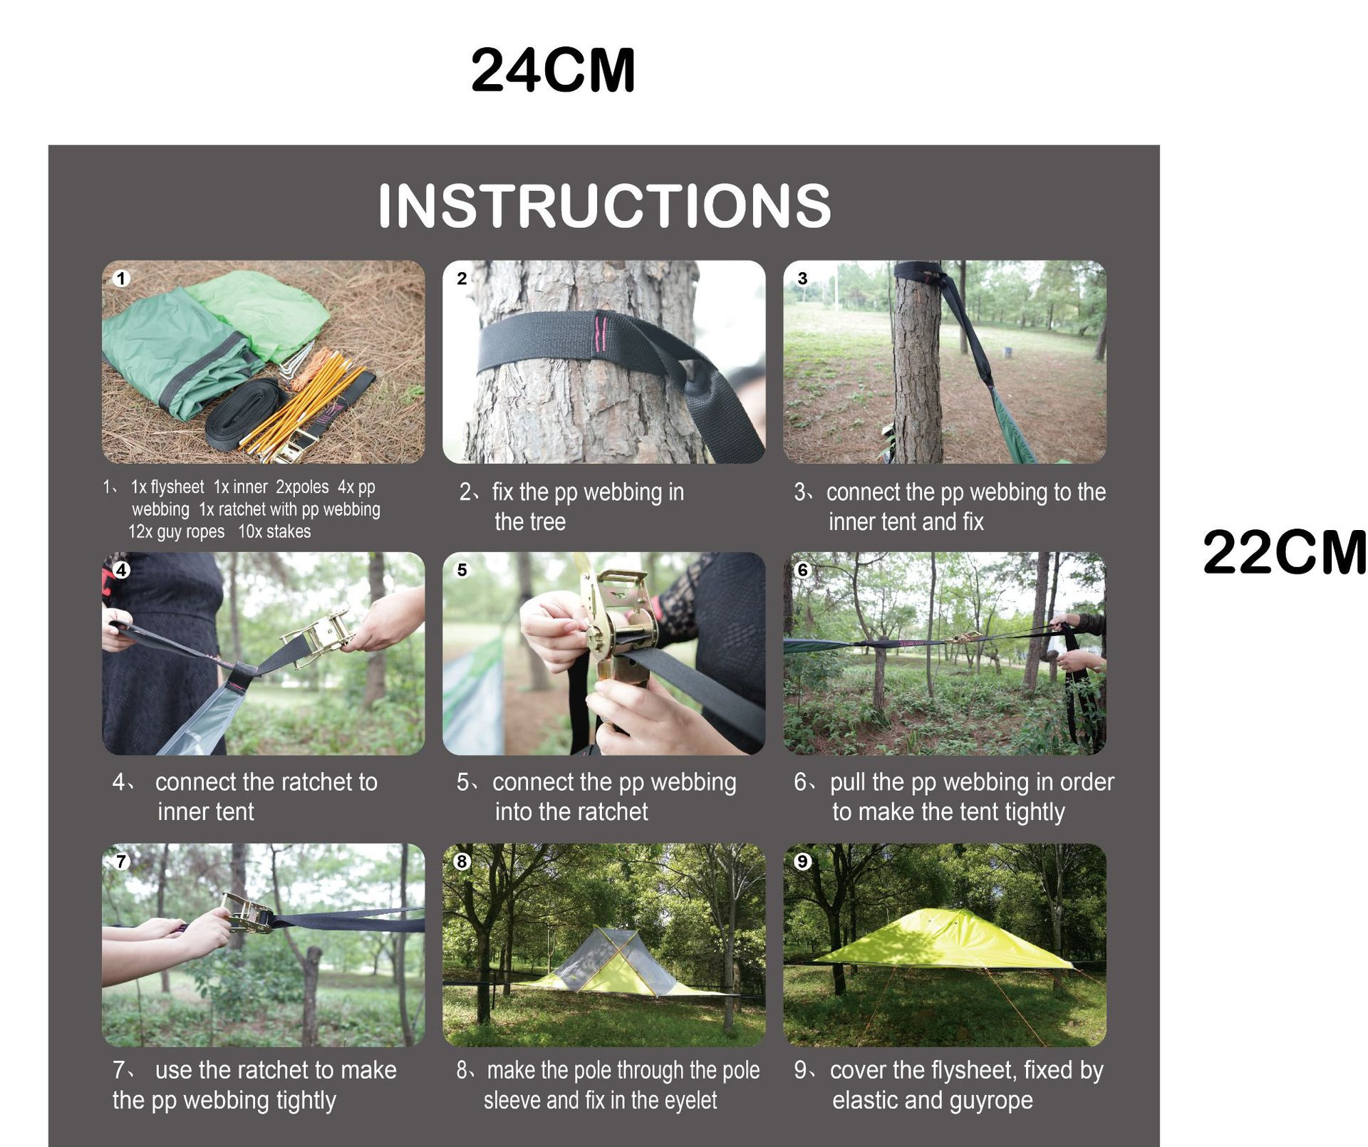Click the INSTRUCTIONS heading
pos(604,205)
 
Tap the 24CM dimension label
pos(553,70)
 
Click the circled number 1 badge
pos(121,278)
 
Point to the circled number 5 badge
pos(462,570)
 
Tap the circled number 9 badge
pos(803,861)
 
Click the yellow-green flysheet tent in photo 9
pos(943,940)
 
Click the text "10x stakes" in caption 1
pos(274,531)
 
